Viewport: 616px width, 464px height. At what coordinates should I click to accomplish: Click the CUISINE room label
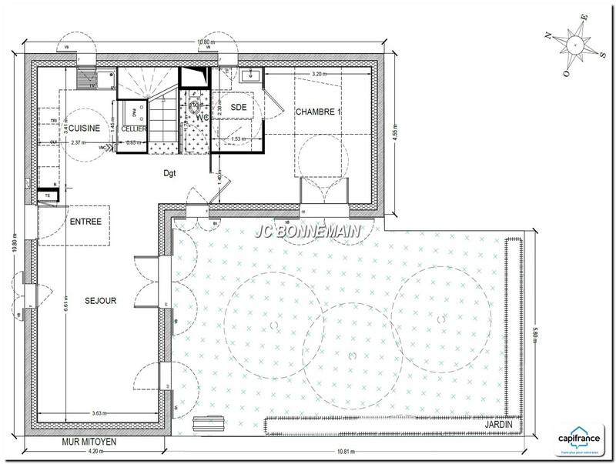(82, 129)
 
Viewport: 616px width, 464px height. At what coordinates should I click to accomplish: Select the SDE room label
(239, 108)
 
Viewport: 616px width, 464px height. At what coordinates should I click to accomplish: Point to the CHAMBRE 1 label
(318, 112)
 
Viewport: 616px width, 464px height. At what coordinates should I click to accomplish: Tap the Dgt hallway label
(170, 173)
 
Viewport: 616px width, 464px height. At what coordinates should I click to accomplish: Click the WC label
(203, 119)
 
